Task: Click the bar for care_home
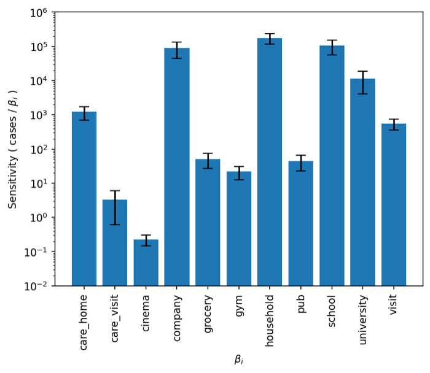(x=84, y=199)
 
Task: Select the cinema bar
(x=146, y=263)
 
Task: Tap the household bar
(x=270, y=162)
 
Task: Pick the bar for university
(x=362, y=182)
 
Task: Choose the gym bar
(x=239, y=229)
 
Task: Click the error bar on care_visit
(x=115, y=207)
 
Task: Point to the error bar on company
(x=177, y=50)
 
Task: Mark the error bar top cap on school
(x=332, y=40)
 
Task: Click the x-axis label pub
(x=301, y=304)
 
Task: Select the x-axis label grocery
(x=208, y=314)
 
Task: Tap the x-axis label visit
(x=393, y=304)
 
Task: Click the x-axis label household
(x=270, y=320)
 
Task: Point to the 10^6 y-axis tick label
(x=39, y=13)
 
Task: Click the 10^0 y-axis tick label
(x=39, y=218)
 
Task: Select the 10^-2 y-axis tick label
(x=36, y=286)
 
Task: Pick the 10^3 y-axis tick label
(x=39, y=115)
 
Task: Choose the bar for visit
(x=394, y=205)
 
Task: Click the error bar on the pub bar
(x=301, y=163)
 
